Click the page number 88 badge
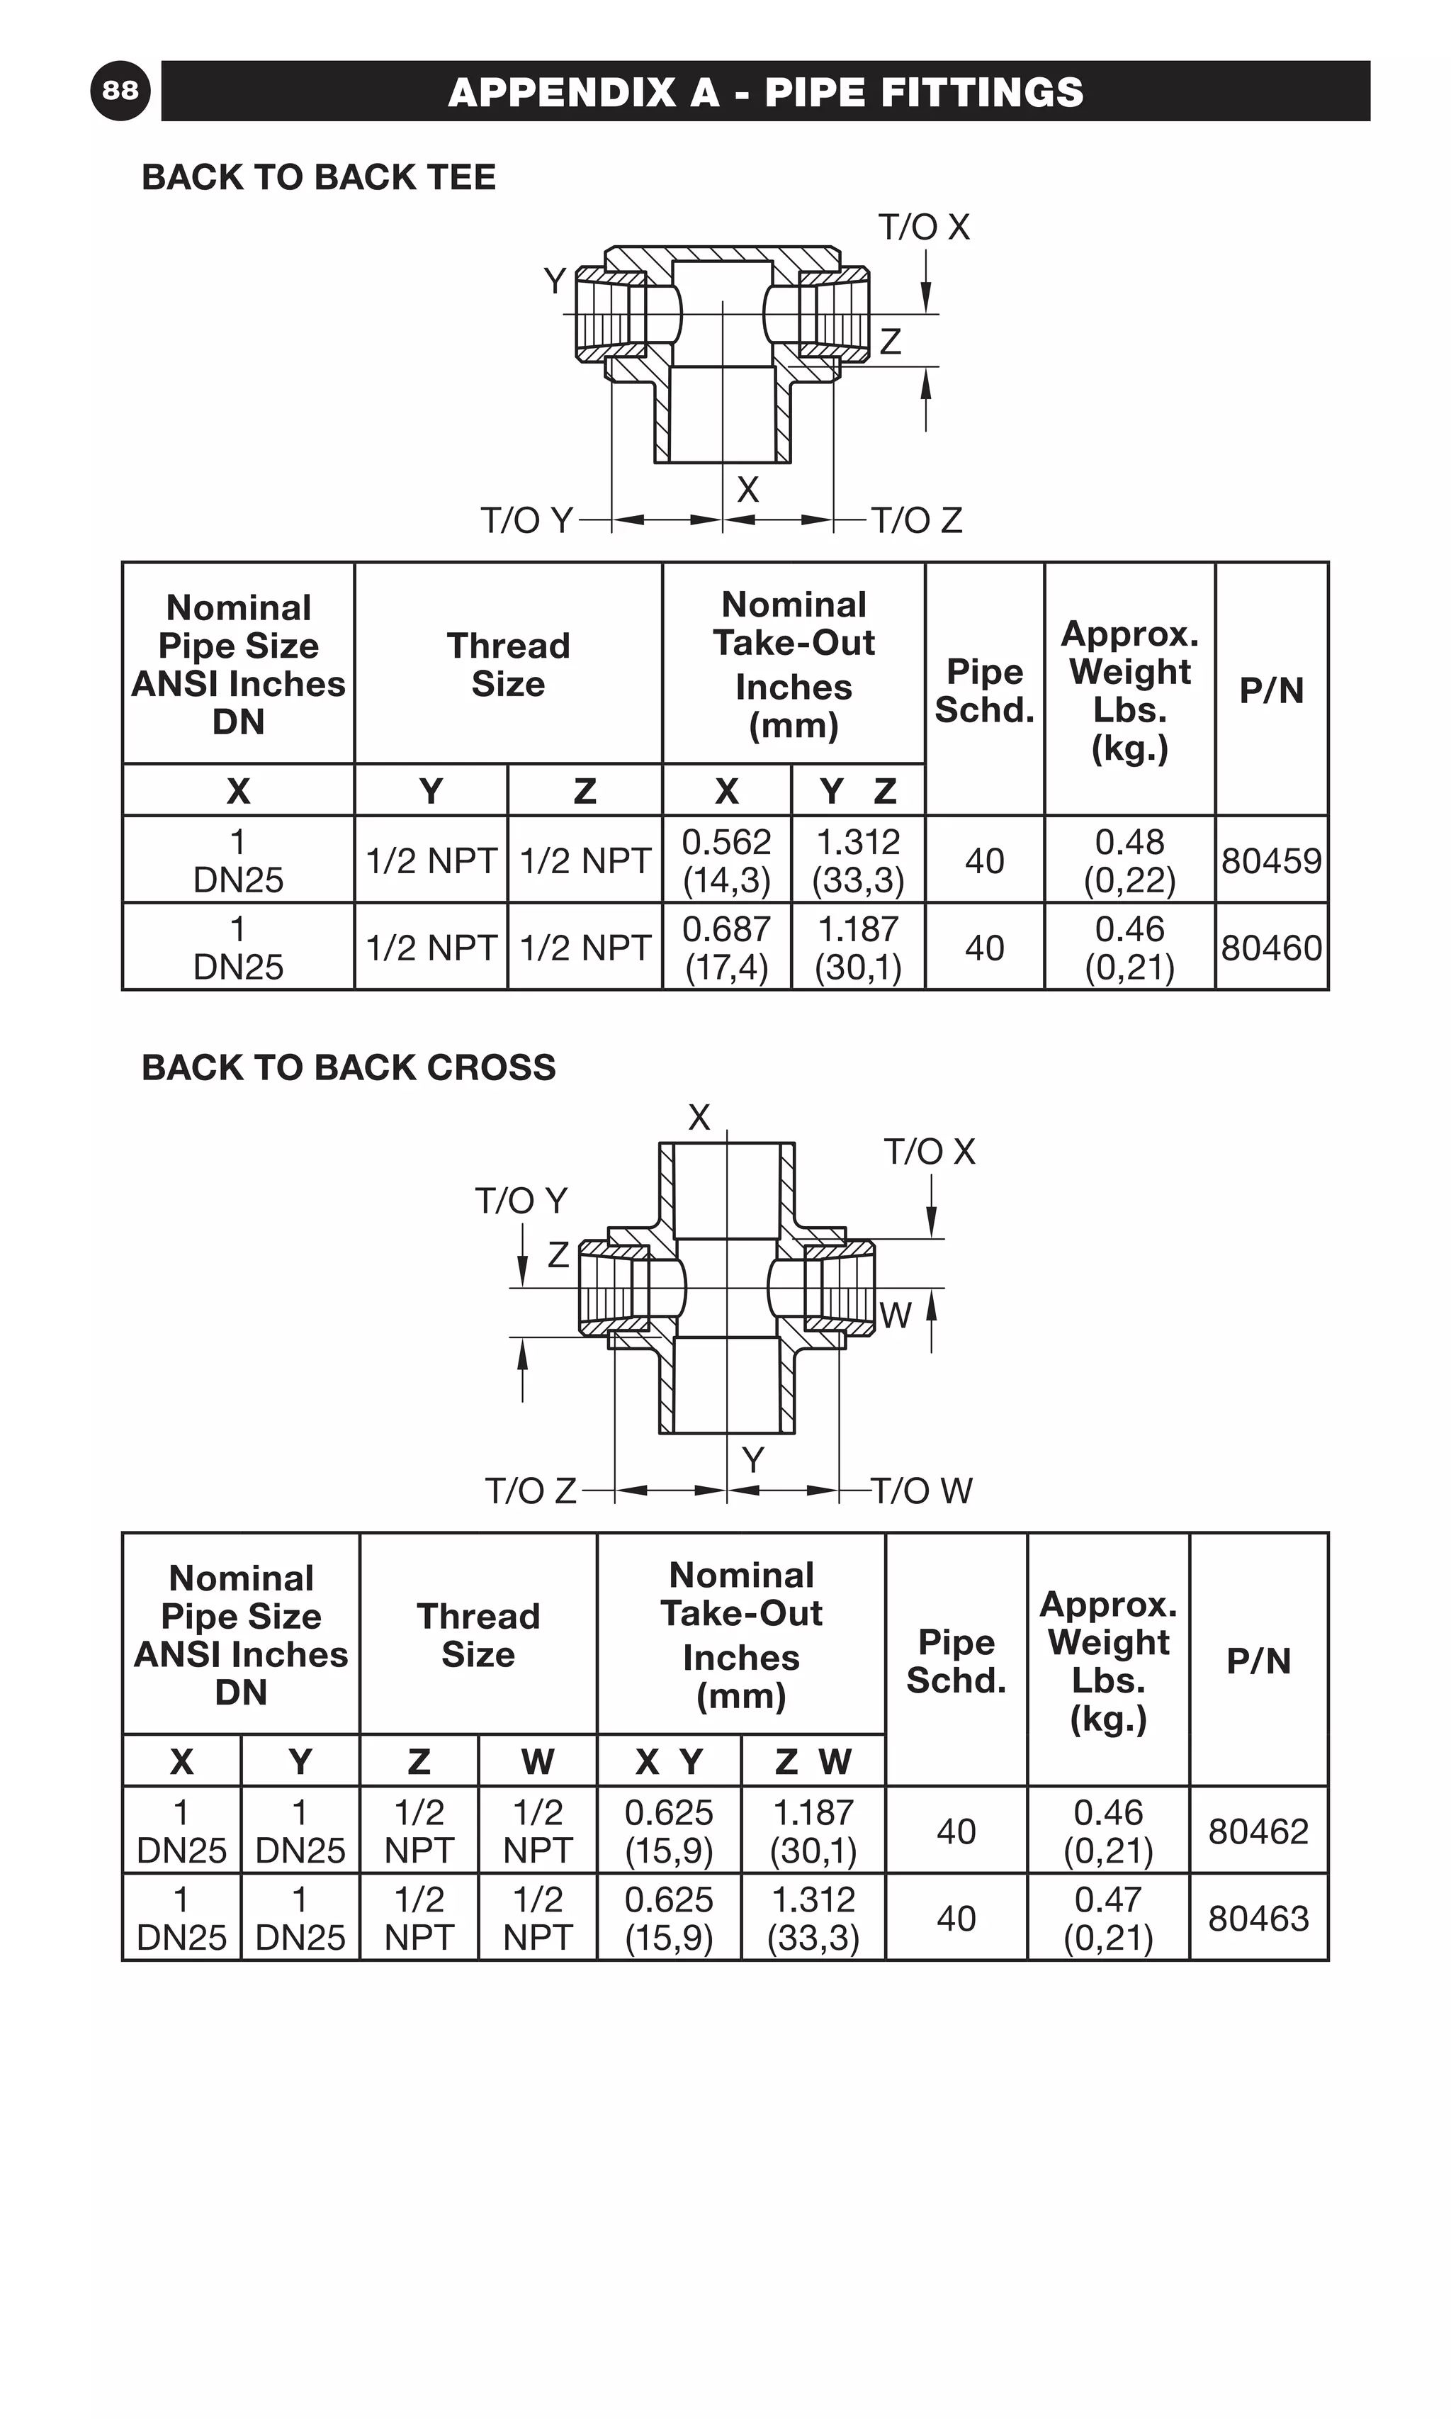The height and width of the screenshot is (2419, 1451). click(x=120, y=90)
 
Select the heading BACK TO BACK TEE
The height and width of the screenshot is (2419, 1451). click(x=319, y=177)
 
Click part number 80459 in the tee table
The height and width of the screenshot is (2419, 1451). click(x=1271, y=860)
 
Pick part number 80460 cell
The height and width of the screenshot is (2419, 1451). click(x=1271, y=948)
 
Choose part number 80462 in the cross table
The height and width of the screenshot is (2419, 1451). click(x=1258, y=1831)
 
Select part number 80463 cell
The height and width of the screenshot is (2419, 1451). click(x=1258, y=1918)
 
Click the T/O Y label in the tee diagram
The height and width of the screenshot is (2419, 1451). click(x=526, y=520)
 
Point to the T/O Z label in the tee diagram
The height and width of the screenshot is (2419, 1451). click(x=916, y=520)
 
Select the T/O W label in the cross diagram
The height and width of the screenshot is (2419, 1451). click(x=921, y=1491)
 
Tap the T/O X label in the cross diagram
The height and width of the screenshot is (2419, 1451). click(x=929, y=1151)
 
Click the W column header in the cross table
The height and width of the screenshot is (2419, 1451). click(x=537, y=1762)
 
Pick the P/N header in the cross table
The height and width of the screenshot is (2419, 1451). click(x=1258, y=1660)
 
